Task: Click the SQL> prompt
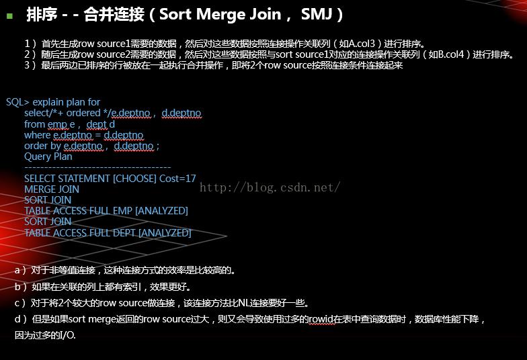[x=17, y=102]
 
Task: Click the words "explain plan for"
[x=67, y=102]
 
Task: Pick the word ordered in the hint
[x=83, y=113]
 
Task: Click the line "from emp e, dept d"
[x=69, y=124]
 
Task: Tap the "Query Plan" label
[x=48, y=156]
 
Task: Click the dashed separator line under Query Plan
[x=97, y=167]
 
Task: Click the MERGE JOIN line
[x=52, y=189]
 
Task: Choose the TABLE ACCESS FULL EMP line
[x=106, y=211]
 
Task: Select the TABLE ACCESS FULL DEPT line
[x=108, y=233]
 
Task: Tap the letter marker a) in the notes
[x=20, y=271]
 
